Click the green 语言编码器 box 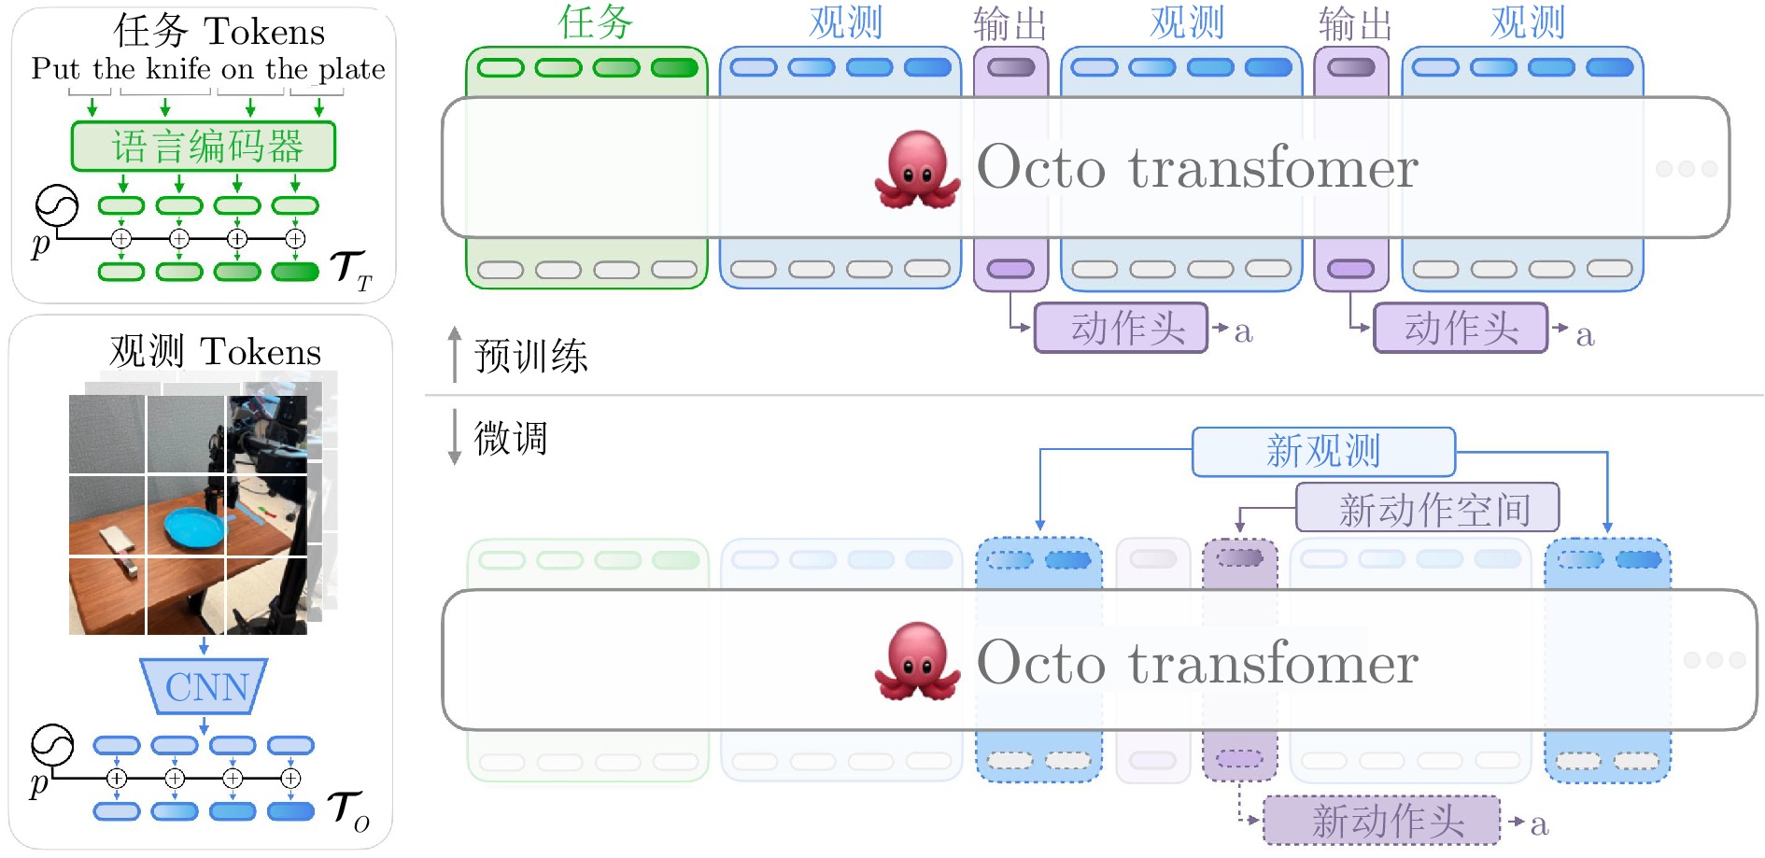click(204, 147)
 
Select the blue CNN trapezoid click(204, 686)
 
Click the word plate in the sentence click(351, 69)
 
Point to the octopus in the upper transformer click(917, 169)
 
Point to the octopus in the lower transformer click(917, 662)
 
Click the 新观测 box click(1323, 452)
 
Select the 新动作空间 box click(1427, 508)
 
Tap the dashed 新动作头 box click(1381, 821)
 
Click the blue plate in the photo click(195, 527)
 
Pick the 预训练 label click(530, 356)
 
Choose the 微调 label click(510, 438)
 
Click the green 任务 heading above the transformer click(596, 21)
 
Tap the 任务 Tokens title click(219, 31)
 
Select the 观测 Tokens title click(215, 351)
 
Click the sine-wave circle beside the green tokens click(57, 207)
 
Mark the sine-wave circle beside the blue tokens click(52, 746)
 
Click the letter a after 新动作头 click(1539, 824)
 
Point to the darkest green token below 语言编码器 click(295, 272)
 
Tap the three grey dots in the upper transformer click(1687, 169)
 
